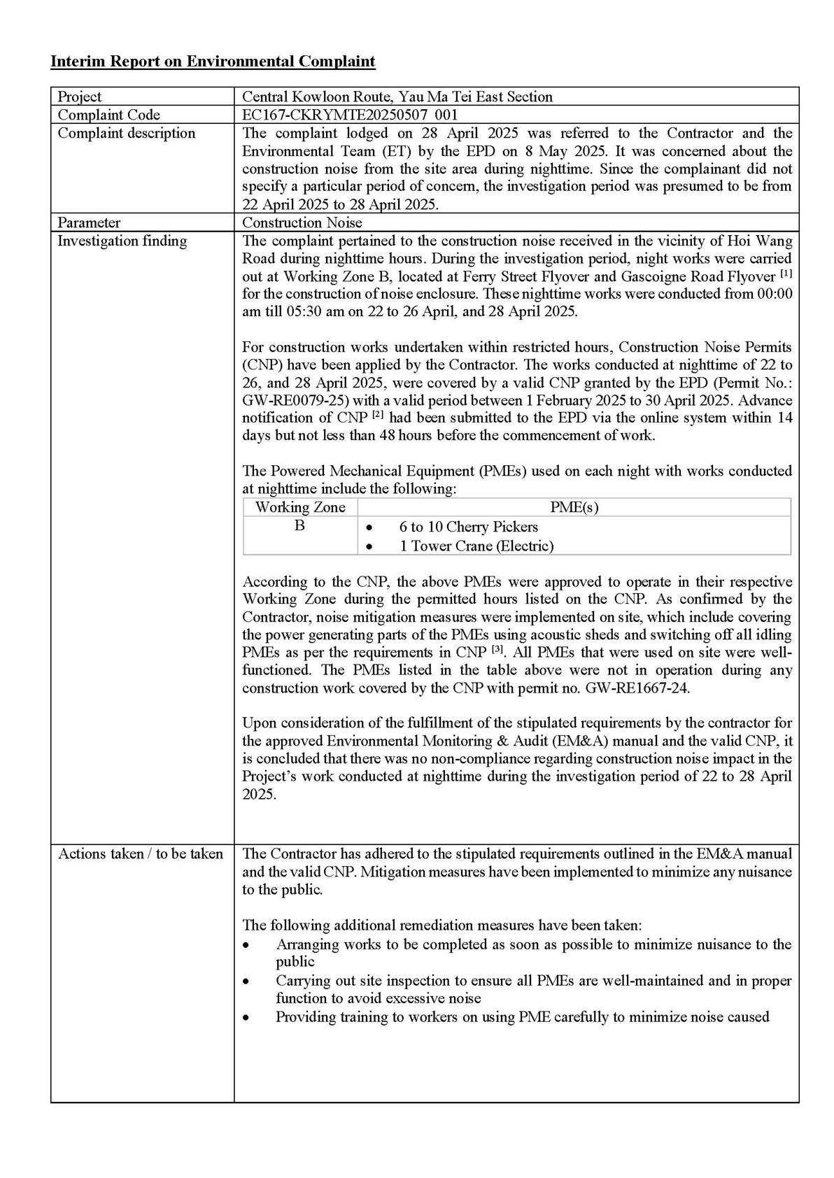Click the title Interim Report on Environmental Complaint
[x=213, y=62]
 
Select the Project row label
[x=79, y=97]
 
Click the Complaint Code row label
[x=108, y=115]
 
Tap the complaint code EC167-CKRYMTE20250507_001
[x=350, y=115]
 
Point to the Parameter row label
[x=89, y=222]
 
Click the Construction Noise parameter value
[x=302, y=222]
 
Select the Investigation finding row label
[x=122, y=241]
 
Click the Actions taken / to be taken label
[x=140, y=853]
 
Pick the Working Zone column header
[x=300, y=507]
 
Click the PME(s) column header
[x=574, y=507]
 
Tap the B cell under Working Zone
[x=299, y=525]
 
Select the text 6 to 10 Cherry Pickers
[x=468, y=527]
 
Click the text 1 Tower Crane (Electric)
[x=476, y=546]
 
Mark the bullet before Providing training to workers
[x=246, y=1018]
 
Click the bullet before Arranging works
[x=246, y=945]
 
